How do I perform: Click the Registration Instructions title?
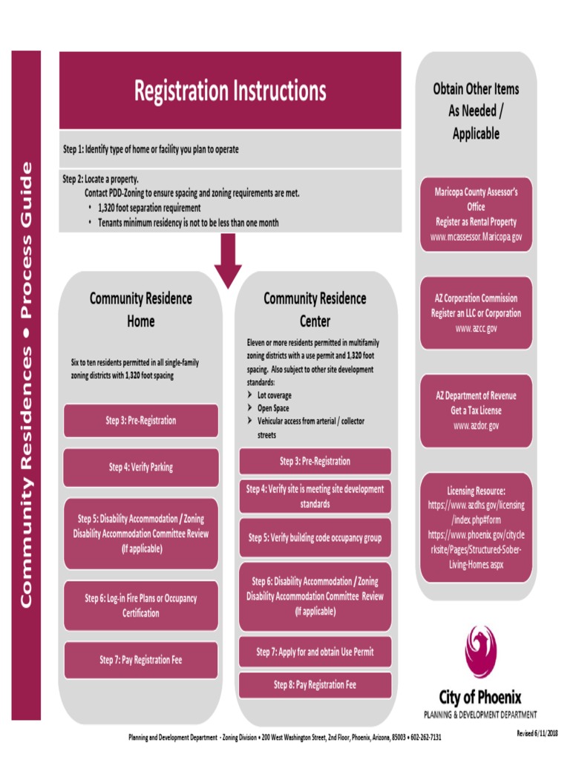[230, 91]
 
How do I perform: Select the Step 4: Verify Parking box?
[141, 468]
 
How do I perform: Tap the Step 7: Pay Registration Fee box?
[141, 660]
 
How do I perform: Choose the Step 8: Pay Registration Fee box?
[315, 684]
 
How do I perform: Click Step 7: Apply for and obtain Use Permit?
[315, 652]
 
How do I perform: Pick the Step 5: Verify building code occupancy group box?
[315, 537]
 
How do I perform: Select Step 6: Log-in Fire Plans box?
[141, 606]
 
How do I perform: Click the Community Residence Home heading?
[141, 309]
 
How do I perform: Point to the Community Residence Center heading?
[315, 309]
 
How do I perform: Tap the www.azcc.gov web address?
[476, 327]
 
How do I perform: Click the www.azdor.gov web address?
[476, 425]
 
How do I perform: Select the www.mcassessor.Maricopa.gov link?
[476, 237]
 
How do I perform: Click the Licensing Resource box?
[476, 527]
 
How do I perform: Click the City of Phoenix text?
[480, 698]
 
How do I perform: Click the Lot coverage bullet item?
[274, 396]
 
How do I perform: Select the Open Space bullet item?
[273, 408]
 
